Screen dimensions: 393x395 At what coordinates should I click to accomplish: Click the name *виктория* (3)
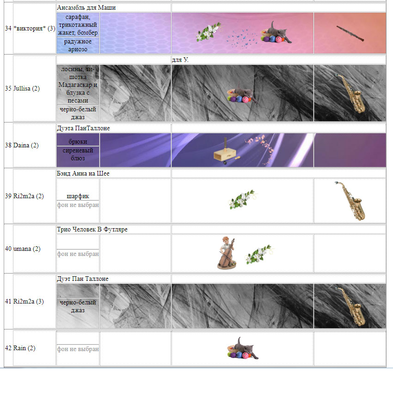coord(34,28)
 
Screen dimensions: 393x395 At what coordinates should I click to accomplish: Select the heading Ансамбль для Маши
coord(86,7)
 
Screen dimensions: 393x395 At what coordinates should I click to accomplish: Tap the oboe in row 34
coord(350,33)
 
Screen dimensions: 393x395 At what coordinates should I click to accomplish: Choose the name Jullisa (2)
coord(26,88)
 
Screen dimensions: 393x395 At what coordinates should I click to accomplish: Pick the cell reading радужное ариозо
coord(78,45)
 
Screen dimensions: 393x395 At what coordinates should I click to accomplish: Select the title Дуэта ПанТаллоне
coord(83,128)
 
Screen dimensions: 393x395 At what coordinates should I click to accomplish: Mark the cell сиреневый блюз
coord(78,154)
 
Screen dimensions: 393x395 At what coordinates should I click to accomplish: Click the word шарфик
coord(78,196)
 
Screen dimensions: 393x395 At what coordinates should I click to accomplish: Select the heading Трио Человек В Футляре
coord(92,229)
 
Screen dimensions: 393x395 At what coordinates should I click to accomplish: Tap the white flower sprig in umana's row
coord(259,254)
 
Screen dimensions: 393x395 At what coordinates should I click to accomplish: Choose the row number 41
coord(8,301)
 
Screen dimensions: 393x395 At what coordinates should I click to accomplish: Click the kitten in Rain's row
coord(243,349)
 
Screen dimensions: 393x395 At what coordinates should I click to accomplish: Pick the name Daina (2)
coord(26,146)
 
